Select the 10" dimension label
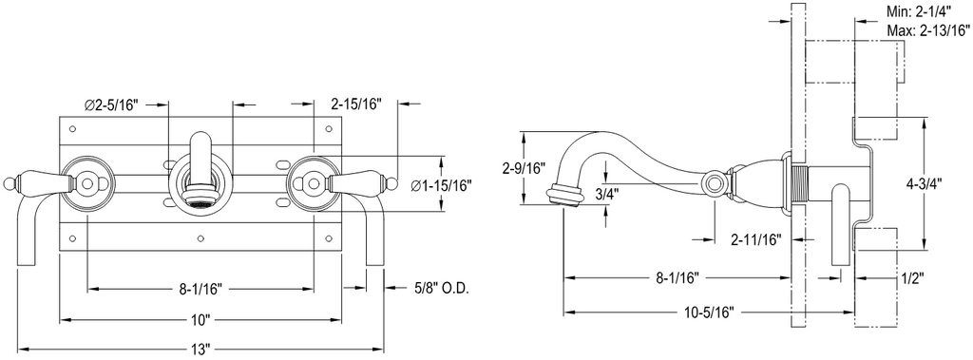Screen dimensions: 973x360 pyautogui.click(x=200, y=320)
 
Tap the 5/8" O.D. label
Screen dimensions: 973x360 pyautogui.click(x=441, y=288)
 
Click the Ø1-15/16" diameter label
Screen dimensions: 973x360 pyautogui.click(x=442, y=184)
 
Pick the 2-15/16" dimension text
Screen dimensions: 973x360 pyautogui.click(x=356, y=104)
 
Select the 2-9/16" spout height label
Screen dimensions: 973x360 pyautogui.click(x=524, y=167)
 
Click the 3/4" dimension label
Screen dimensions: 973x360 pyautogui.click(x=605, y=193)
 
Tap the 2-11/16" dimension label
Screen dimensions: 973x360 pyautogui.click(x=755, y=239)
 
